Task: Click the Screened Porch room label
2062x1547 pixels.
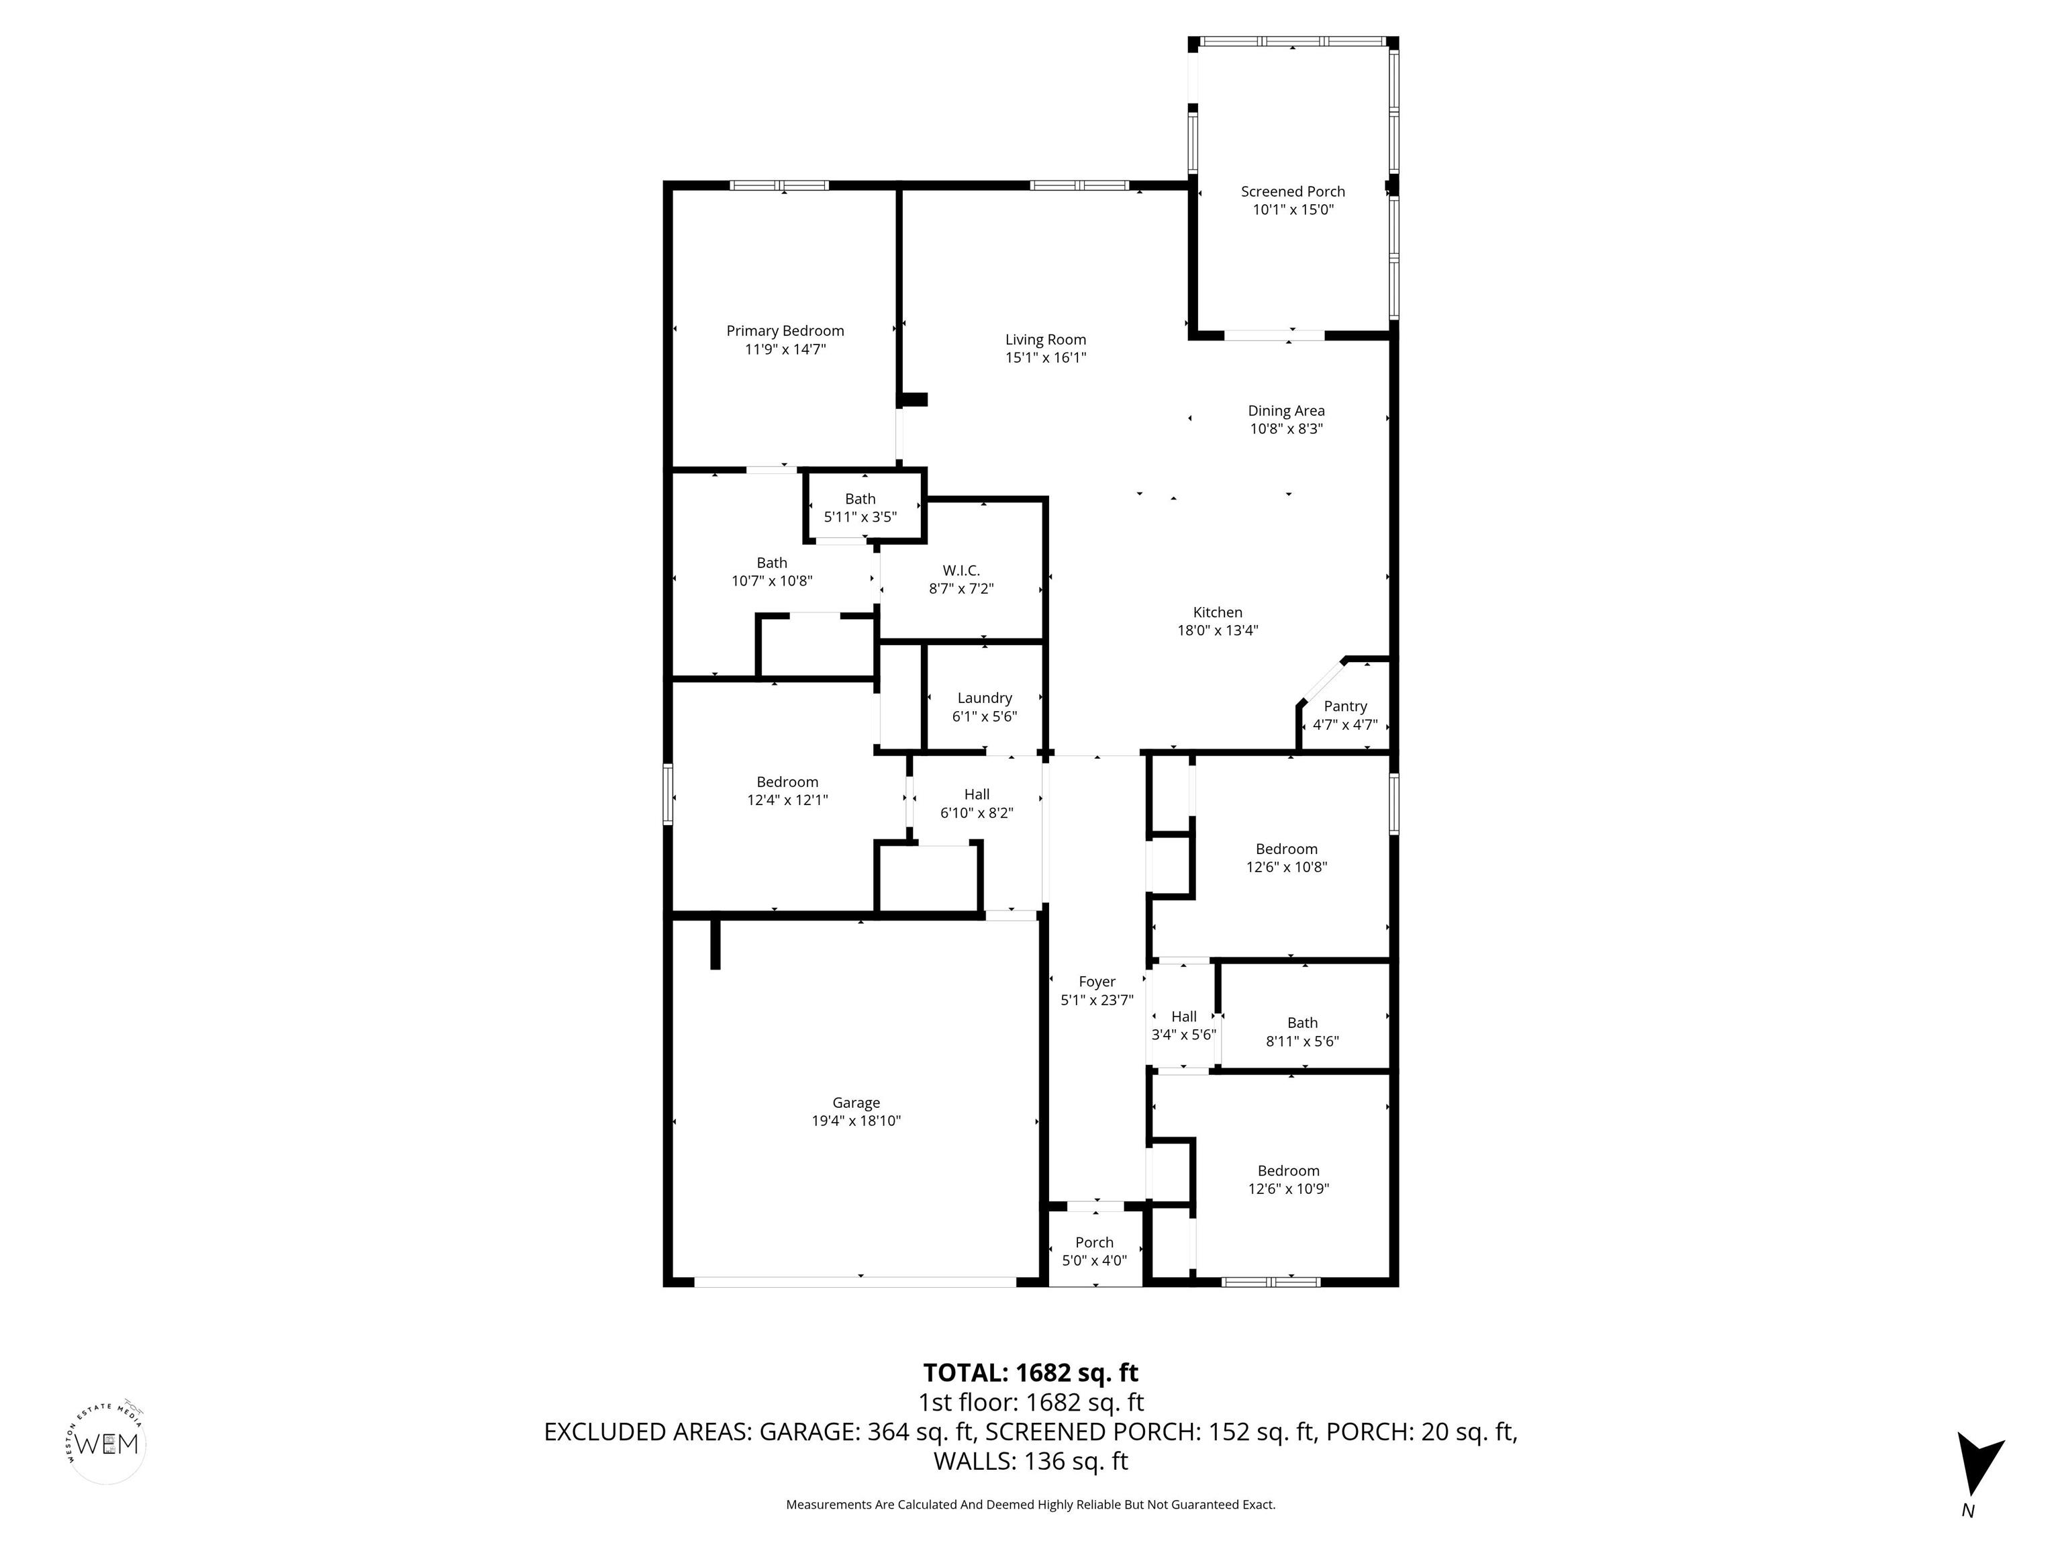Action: (1293, 192)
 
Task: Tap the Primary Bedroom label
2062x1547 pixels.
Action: (785, 331)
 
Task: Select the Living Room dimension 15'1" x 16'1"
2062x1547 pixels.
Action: (1046, 358)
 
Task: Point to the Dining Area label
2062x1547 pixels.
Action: (1287, 411)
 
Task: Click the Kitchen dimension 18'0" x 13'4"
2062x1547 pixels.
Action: (1218, 630)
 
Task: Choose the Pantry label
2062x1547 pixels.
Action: (1345, 707)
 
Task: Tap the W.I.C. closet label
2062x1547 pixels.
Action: (961, 571)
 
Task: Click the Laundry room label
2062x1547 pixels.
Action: (985, 698)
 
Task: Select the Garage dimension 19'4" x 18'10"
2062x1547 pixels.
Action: (856, 1121)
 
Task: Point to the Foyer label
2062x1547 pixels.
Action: (1097, 982)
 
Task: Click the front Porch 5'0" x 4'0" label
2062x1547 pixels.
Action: (1094, 1252)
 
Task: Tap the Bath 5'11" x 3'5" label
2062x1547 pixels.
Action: (861, 508)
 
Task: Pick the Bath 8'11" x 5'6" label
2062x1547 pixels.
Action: (1302, 1032)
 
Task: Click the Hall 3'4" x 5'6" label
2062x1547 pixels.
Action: (1184, 1026)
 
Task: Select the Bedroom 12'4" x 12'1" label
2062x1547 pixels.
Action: (788, 791)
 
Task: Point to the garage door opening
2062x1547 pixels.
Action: (855, 1282)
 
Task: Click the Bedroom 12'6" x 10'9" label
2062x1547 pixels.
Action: (1288, 1180)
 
